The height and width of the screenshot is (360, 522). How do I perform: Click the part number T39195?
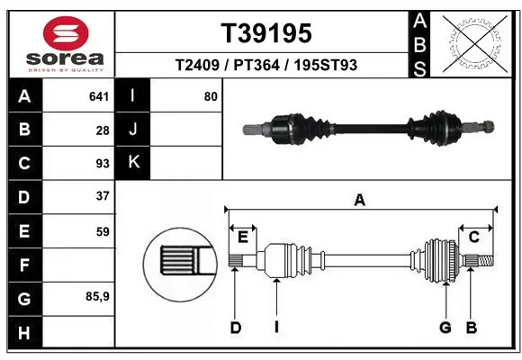[x=266, y=33]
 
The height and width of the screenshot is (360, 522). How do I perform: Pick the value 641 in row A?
[x=99, y=95]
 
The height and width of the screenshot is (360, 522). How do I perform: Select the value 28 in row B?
[x=103, y=130]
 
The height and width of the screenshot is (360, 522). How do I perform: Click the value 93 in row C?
[x=103, y=164]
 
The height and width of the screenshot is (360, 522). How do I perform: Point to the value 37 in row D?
[x=103, y=196]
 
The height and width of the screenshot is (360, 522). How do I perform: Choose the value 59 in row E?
[x=103, y=231]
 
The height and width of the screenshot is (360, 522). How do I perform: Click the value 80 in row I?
[x=211, y=95]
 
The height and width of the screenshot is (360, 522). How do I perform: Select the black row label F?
[x=23, y=265]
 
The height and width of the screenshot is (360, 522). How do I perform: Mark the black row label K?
[x=134, y=163]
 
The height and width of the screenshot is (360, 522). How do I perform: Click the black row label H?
[x=23, y=333]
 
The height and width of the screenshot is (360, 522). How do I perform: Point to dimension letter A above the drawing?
[x=360, y=201]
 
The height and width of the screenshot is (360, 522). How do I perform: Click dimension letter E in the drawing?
[x=243, y=237]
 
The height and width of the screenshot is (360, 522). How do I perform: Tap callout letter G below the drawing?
[x=445, y=328]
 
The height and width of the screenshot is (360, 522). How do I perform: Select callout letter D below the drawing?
[x=236, y=328]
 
